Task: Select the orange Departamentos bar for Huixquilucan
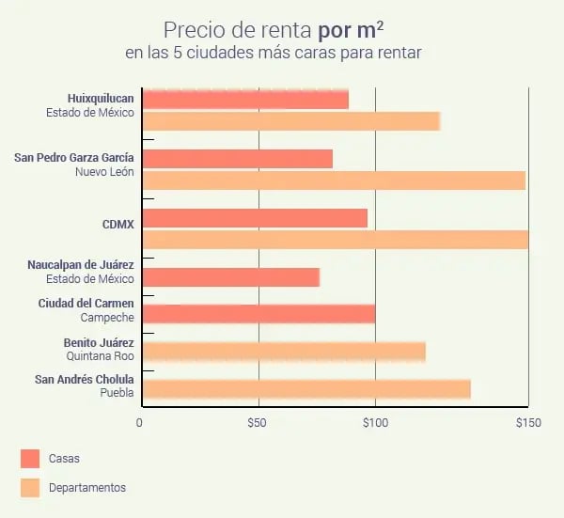click(290, 121)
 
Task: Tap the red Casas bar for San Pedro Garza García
click(237, 158)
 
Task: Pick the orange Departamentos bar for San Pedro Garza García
click(333, 180)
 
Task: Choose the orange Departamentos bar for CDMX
click(335, 240)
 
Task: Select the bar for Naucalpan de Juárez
click(230, 277)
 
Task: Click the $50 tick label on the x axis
click(258, 423)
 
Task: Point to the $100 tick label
click(375, 423)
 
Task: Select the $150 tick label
click(528, 423)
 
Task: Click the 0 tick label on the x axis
click(140, 423)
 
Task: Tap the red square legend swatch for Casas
click(30, 459)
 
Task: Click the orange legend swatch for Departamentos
click(30, 487)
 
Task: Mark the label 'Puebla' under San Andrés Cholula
click(117, 393)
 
